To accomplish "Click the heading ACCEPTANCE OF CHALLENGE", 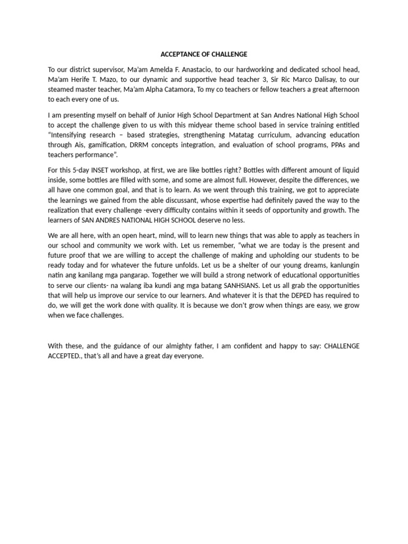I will click(204, 54).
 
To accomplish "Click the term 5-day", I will click(81, 170).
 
